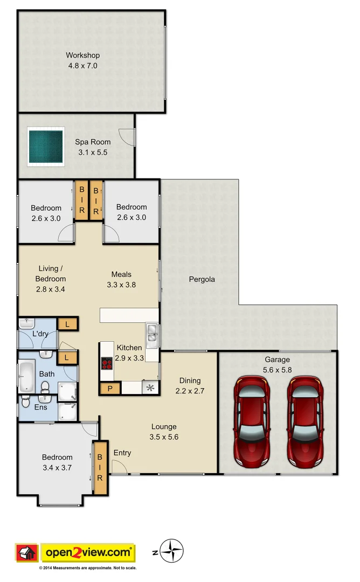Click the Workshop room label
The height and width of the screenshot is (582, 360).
[82, 55]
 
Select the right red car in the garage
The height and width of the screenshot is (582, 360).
[305, 421]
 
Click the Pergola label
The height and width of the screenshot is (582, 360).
[202, 280]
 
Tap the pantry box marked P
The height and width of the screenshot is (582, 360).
[110, 388]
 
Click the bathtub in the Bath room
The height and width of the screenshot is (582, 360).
[26, 376]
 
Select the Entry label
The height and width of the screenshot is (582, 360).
[122, 453]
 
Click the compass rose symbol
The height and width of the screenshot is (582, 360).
[172, 551]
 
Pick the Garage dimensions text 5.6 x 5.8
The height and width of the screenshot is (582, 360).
[277, 370]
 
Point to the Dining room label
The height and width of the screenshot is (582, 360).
[190, 380]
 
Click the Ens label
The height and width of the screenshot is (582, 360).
[40, 407]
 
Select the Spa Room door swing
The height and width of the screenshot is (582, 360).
[127, 138]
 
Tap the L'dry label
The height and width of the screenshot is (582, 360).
[40, 334]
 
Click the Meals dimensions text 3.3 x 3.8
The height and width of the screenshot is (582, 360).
[121, 285]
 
